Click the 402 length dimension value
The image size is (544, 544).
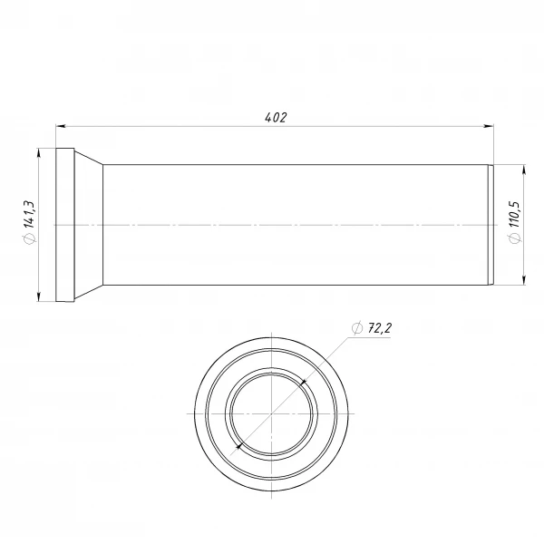pyautogui.click(x=276, y=118)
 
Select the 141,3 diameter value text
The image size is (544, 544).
pyautogui.click(x=29, y=214)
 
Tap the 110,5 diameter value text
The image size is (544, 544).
pyautogui.click(x=514, y=214)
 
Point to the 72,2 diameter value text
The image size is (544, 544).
pyautogui.click(x=380, y=328)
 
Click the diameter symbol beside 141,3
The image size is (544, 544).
pyautogui.click(x=29, y=238)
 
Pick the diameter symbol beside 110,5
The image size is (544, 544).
pyautogui.click(x=515, y=238)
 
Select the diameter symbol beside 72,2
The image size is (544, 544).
pyautogui.click(x=357, y=328)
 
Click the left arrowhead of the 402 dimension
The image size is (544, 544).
pyautogui.click(x=61, y=126)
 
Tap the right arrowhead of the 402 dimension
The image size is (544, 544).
pyautogui.click(x=489, y=126)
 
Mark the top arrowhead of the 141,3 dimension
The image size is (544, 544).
pyautogui.click(x=39, y=153)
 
